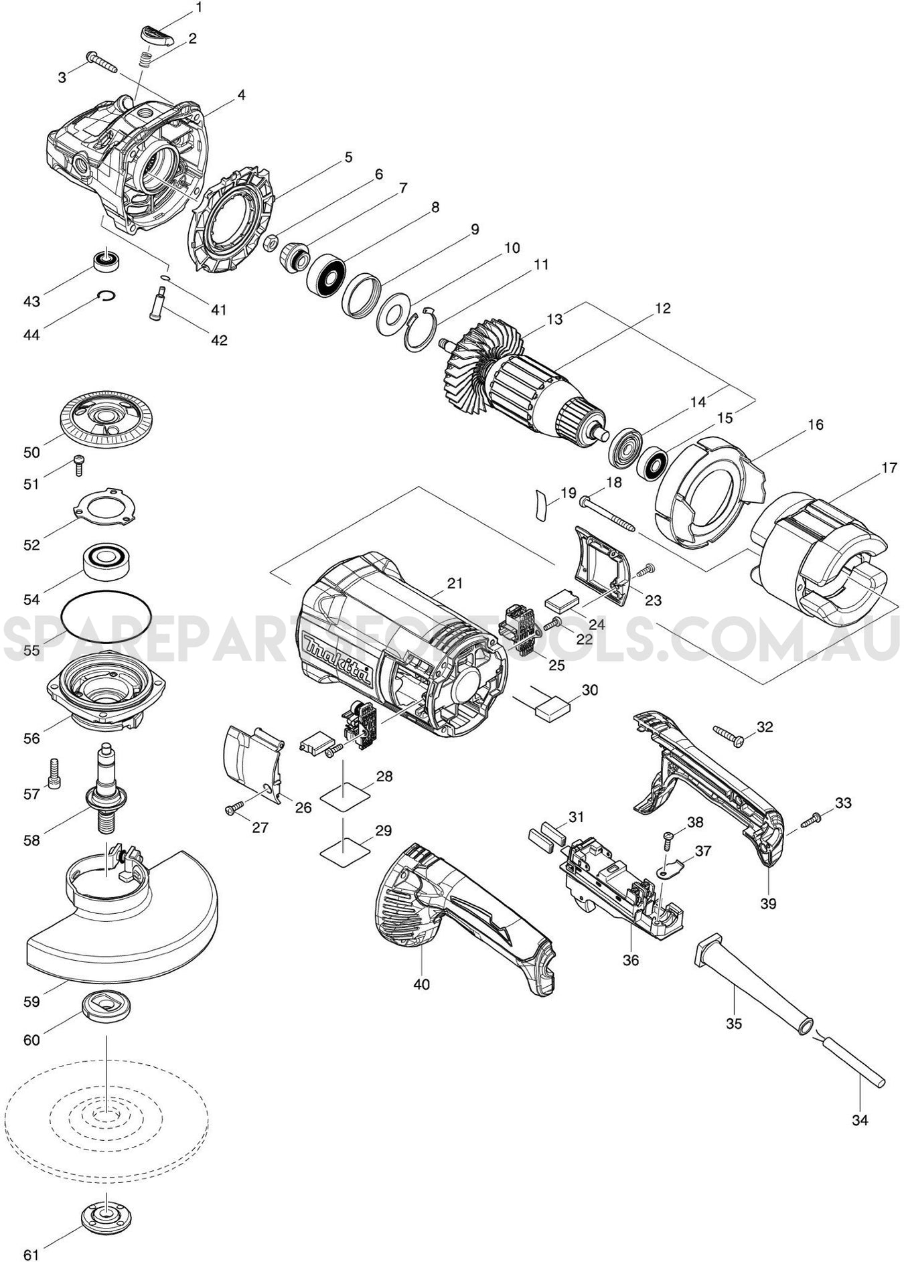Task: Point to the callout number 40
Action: click(421, 984)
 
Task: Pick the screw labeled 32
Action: click(728, 735)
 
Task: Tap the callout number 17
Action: click(888, 468)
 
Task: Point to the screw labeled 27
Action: click(236, 809)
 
